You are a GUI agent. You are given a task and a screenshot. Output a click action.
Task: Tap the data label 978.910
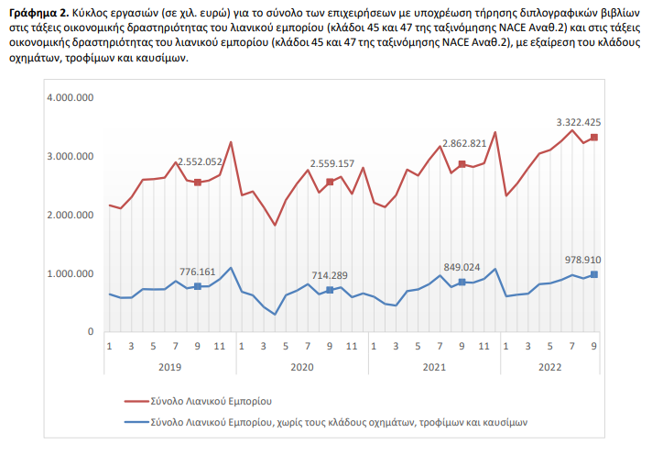581,260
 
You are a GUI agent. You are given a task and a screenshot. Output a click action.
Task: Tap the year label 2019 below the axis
169,366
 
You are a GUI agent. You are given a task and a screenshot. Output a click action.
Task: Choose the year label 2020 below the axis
302,366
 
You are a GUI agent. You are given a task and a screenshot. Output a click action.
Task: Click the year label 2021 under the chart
435,366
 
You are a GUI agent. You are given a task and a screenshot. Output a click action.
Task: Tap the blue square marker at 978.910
594,274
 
